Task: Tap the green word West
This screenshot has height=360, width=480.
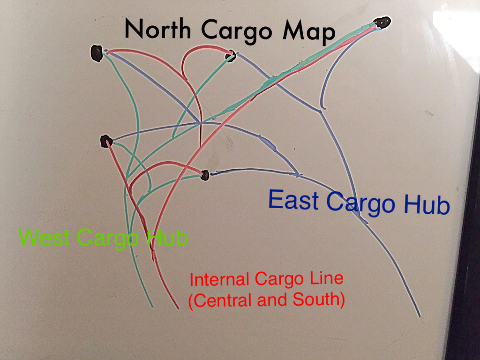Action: [x=44, y=237]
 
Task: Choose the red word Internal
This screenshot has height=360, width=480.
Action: [x=219, y=280]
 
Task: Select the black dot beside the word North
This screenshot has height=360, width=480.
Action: [x=97, y=53]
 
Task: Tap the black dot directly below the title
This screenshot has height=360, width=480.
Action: [x=230, y=57]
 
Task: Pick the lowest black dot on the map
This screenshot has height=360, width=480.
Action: [x=204, y=175]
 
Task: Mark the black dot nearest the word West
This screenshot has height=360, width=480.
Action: [x=106, y=141]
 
